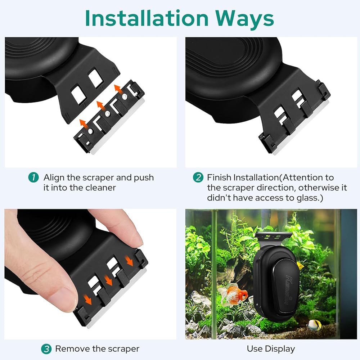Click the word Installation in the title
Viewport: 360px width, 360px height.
pos(147,18)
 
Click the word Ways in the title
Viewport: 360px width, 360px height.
pos(244,18)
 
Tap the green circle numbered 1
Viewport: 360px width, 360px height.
pos(33,177)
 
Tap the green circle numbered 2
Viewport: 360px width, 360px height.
pos(198,177)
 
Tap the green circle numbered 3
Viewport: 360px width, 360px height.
pos(46,349)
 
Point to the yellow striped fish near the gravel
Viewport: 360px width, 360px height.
pos(314,325)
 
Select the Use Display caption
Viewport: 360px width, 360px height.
pos(271,349)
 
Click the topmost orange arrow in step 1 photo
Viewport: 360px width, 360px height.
pos(118,88)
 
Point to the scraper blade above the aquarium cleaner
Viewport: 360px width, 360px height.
pos(273,235)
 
